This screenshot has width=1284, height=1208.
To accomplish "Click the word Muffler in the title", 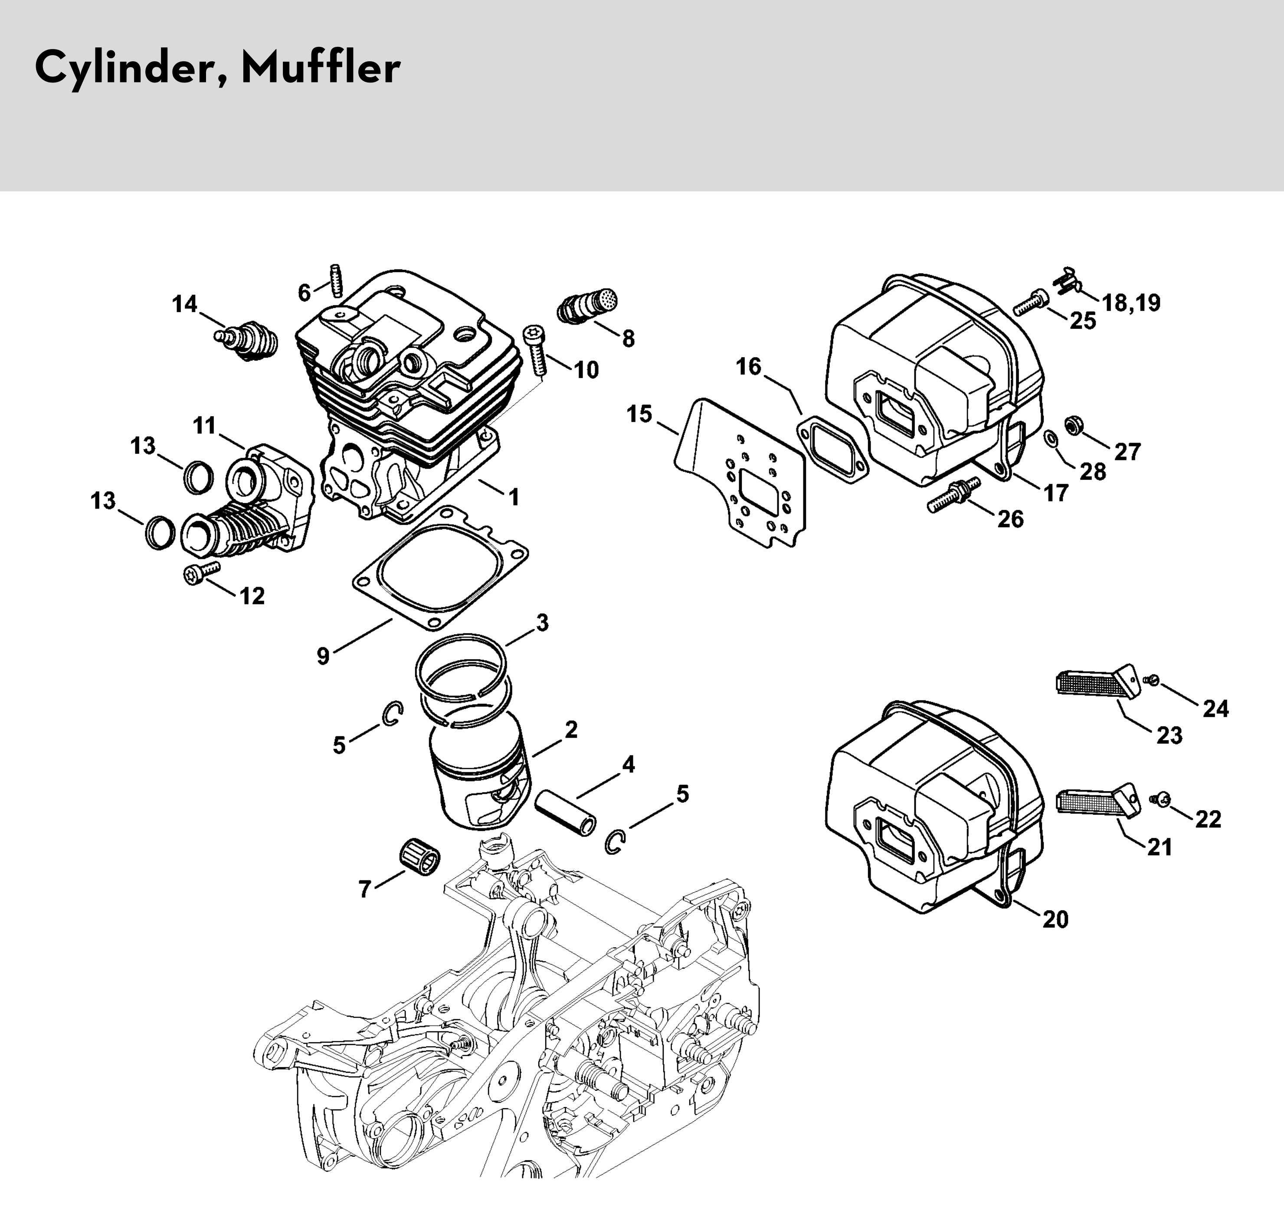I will coord(321,68).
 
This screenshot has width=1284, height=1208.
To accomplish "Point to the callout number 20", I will coord(1055,919).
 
